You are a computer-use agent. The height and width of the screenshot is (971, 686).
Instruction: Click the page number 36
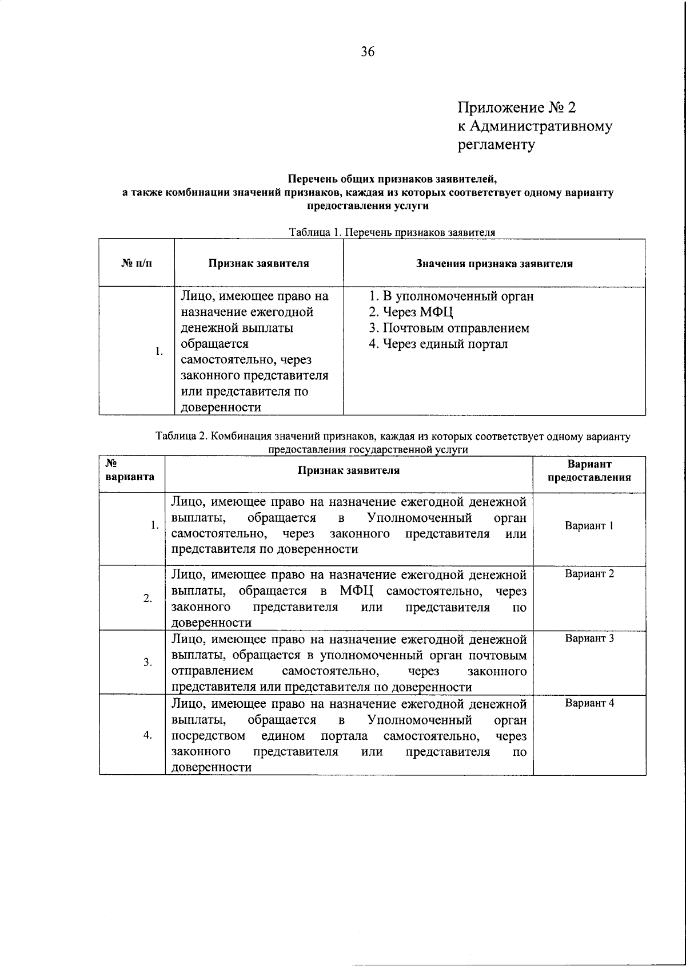click(x=368, y=52)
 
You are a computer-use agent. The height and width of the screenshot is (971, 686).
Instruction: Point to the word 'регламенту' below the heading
click(x=496, y=145)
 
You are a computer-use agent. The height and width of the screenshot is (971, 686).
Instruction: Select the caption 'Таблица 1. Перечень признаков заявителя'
click(x=392, y=232)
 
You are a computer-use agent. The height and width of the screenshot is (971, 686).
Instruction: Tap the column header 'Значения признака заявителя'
click(x=494, y=264)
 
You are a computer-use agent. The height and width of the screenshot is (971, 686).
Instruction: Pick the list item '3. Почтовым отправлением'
click(x=449, y=328)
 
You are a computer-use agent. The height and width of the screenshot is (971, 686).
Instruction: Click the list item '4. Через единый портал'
click(x=438, y=344)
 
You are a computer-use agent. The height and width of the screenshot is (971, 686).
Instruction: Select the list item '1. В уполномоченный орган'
click(x=451, y=296)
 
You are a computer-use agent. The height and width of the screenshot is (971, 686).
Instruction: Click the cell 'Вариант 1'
click(x=589, y=526)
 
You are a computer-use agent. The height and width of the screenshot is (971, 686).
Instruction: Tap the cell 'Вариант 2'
click(x=589, y=574)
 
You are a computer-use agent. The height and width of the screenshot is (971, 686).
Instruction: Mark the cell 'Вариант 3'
click(x=589, y=639)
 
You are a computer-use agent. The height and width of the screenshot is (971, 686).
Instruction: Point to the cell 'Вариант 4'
click(x=589, y=703)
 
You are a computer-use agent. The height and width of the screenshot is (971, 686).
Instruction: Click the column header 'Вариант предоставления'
click(x=589, y=470)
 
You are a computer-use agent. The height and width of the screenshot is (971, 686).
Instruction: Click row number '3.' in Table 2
click(x=147, y=663)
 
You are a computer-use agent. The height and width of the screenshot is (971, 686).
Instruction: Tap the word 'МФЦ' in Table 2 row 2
click(x=357, y=590)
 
